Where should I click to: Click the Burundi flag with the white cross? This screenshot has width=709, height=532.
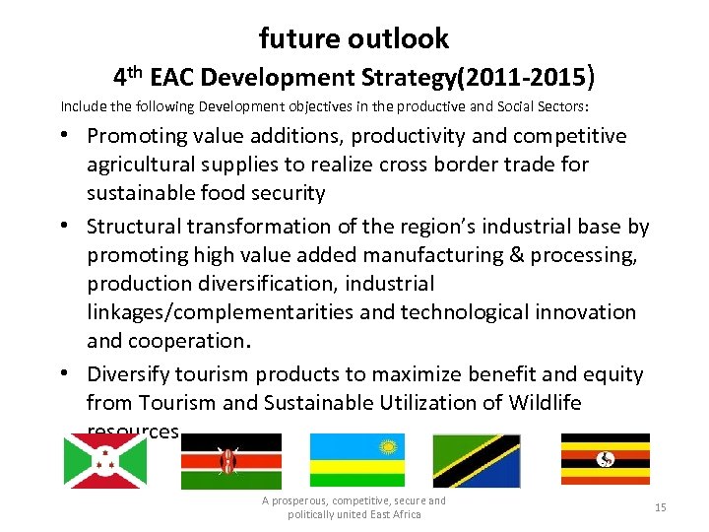[x=104, y=461]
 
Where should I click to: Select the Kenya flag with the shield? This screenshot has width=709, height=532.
[x=230, y=461]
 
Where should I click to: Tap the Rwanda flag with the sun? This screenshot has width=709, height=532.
[x=356, y=461]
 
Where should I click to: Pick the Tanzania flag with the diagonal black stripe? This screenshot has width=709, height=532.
[x=478, y=461]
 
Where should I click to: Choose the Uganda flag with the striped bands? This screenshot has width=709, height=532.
[x=605, y=459]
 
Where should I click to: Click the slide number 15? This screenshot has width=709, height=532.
[x=660, y=507]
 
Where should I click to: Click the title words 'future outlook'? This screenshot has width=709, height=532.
[x=354, y=38]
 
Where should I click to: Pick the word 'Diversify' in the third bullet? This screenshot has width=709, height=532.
[x=131, y=374]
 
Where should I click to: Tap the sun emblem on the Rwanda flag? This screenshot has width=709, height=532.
[x=388, y=445]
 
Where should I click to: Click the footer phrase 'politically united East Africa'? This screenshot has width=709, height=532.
[x=354, y=515]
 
